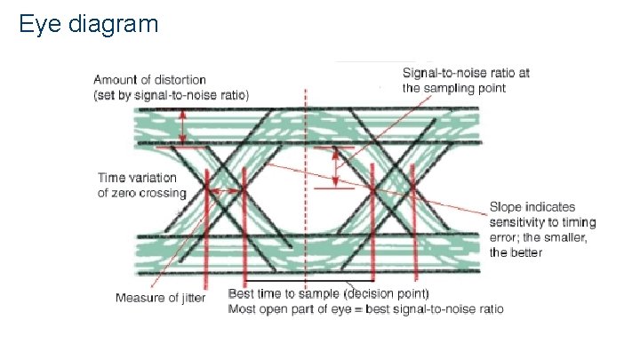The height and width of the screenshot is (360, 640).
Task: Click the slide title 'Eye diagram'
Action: tap(88, 23)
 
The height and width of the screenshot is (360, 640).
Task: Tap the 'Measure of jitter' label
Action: tap(160, 298)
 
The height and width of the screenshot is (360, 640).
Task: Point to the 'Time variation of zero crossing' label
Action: tap(142, 186)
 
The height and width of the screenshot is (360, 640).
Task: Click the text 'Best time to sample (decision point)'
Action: tap(329, 293)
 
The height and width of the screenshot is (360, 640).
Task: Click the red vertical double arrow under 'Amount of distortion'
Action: tap(182, 125)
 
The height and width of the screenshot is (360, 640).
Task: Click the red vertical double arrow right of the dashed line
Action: tap(336, 167)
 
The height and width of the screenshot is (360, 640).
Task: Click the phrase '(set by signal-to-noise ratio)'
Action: tap(171, 95)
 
